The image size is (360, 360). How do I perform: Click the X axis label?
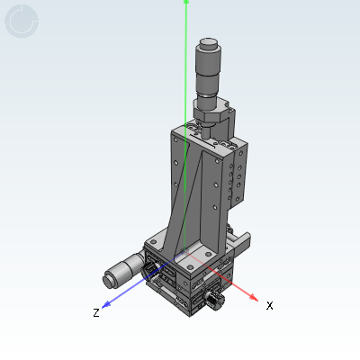(269, 306)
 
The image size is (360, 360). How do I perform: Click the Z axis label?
(96, 312)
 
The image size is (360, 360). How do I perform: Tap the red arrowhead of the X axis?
(254, 297)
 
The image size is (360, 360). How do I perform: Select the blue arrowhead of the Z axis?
(106, 304)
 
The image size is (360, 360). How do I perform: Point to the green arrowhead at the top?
(186, 2)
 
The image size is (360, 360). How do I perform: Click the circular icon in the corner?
(22, 22)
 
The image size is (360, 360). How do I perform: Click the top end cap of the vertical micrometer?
(209, 43)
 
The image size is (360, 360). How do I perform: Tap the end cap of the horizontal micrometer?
(109, 280)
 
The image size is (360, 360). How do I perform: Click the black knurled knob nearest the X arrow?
(214, 301)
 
